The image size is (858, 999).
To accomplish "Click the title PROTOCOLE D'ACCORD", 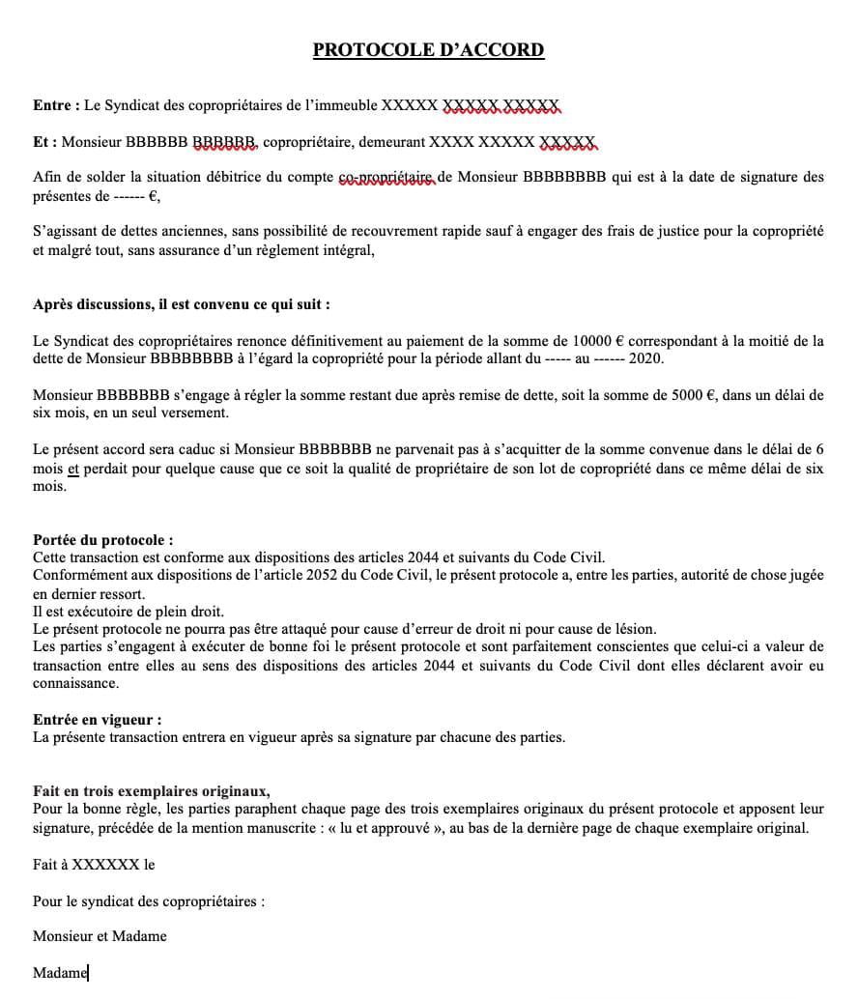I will [428, 50].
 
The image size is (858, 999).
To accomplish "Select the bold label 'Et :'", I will [45, 142].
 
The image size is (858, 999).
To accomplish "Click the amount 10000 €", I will [599, 341].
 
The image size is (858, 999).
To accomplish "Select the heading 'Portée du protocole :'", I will [103, 540].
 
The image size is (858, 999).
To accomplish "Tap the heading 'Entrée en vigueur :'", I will [98, 720].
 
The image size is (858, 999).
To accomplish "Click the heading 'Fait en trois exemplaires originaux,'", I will [151, 791].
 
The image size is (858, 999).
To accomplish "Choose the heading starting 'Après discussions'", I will [182, 304].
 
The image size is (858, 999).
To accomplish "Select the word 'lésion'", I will [633, 628].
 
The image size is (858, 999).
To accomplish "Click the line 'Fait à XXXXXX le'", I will [94, 865].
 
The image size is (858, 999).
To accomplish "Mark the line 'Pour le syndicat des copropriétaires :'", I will [149, 901].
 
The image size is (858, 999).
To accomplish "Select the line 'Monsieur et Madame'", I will [100, 936].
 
